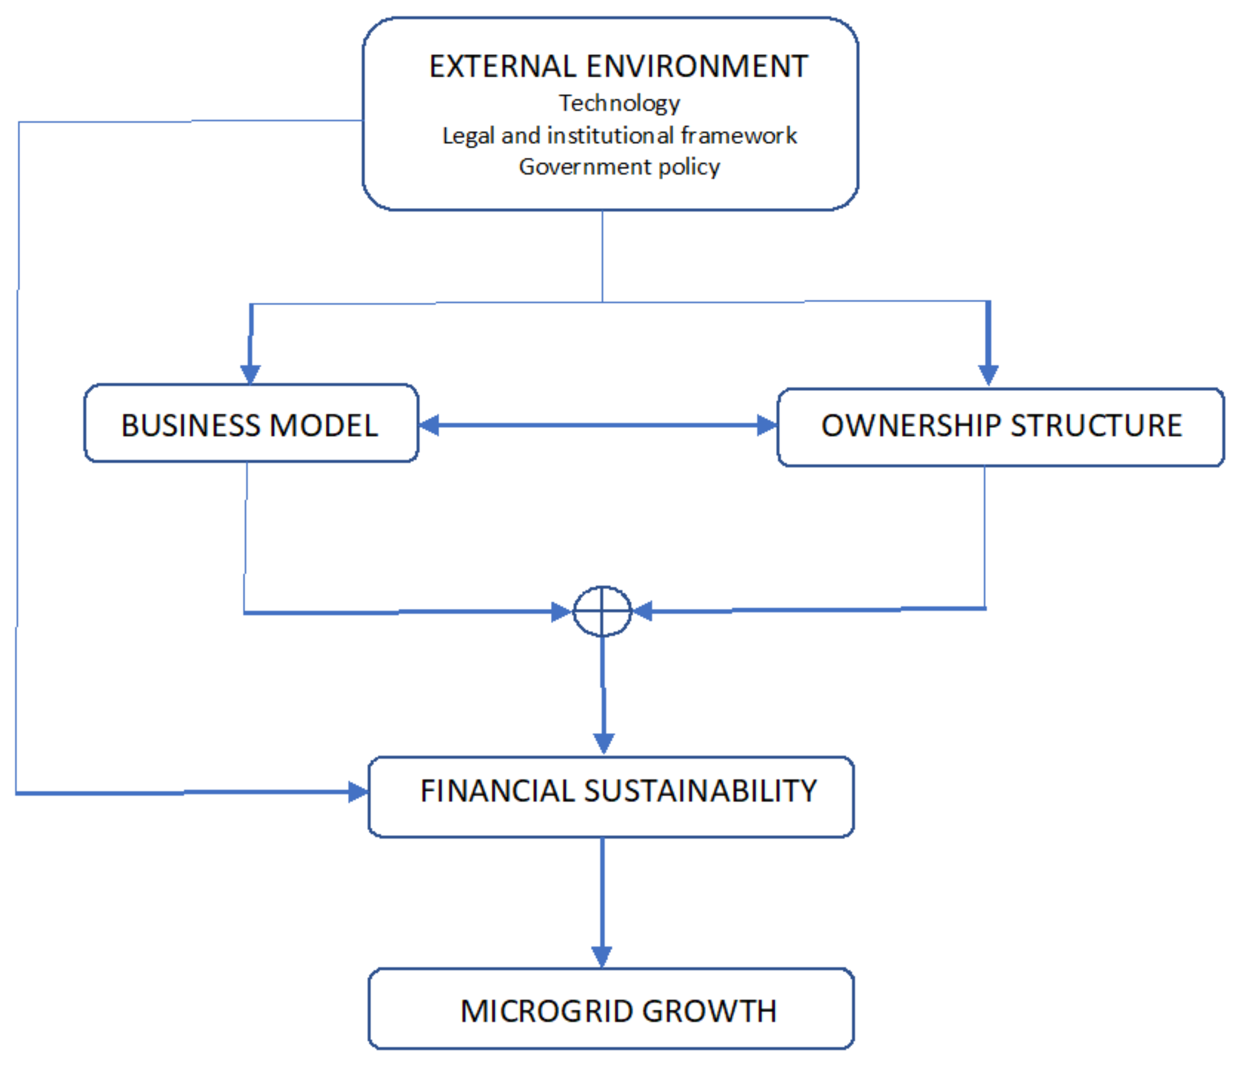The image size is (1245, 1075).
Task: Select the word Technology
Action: point(619,103)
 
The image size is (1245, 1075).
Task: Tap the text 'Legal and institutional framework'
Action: point(619,136)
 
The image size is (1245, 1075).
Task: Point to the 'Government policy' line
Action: point(619,167)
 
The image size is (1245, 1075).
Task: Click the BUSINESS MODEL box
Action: point(250,424)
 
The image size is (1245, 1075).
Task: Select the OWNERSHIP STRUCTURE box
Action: point(1000,426)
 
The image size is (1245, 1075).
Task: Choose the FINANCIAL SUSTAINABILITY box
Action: point(610,796)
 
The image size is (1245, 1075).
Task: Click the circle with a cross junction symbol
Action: point(602,611)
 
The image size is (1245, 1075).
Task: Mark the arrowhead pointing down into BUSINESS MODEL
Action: point(250,374)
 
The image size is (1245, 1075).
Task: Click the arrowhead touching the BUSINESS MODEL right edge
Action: point(429,425)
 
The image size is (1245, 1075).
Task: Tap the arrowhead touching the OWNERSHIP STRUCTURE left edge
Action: point(767,425)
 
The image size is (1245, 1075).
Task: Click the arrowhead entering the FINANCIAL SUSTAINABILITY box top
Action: point(603,743)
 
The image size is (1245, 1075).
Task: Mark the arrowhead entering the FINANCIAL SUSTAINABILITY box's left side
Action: point(358,791)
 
